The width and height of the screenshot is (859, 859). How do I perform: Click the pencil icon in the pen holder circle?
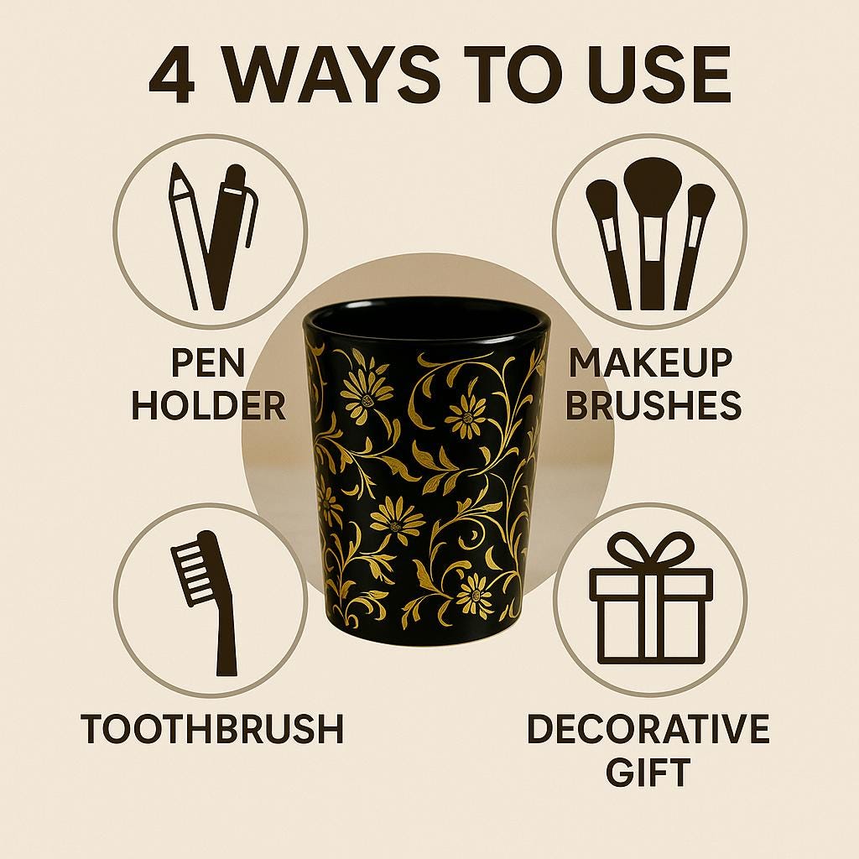pyautogui.click(x=184, y=236)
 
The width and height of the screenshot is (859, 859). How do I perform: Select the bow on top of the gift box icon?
pyautogui.click(x=651, y=550)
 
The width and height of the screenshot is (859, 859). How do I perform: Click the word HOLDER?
pyautogui.click(x=209, y=405)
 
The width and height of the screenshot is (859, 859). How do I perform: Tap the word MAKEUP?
pyautogui.click(x=651, y=362)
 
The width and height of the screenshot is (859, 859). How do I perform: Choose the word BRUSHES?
pyautogui.click(x=653, y=405)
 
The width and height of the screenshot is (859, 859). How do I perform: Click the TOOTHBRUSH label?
pyautogui.click(x=212, y=729)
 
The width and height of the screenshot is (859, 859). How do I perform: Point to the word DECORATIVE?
pyautogui.click(x=648, y=729)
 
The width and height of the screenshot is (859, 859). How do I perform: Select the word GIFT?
pyautogui.click(x=648, y=772)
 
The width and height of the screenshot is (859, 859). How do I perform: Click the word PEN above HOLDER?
pyautogui.click(x=208, y=362)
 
